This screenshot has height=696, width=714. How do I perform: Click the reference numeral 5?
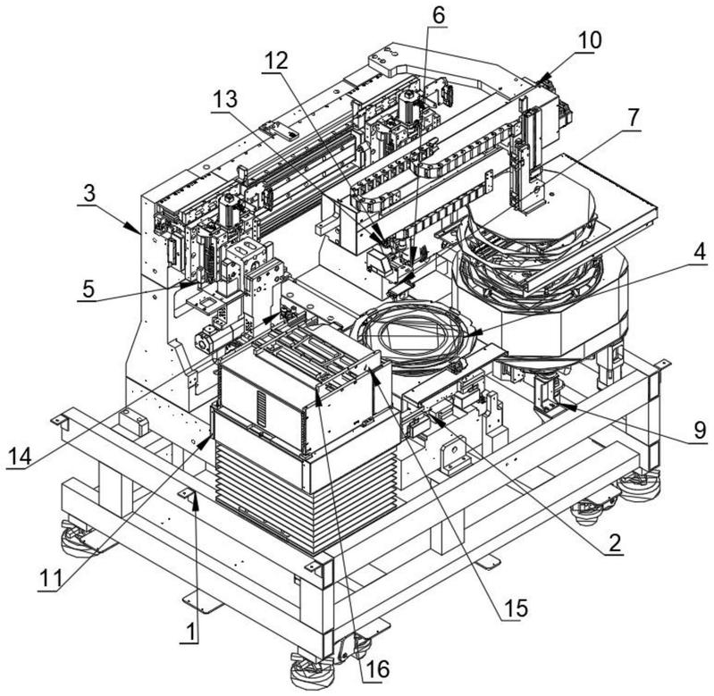pos(86,289)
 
